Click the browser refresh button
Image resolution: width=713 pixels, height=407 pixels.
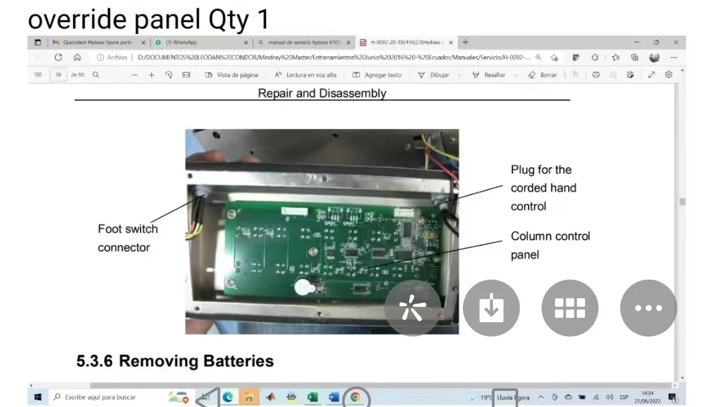click(x=58, y=58)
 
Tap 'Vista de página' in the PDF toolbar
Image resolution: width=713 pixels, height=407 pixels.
click(x=231, y=75)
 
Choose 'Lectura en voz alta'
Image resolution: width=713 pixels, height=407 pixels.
click(x=306, y=75)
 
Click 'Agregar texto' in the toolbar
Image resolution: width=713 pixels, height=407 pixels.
click(x=377, y=75)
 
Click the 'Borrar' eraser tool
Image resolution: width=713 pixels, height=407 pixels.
click(x=543, y=75)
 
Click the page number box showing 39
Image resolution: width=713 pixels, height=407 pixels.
click(x=58, y=75)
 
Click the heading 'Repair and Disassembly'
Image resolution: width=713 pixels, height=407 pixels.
click(x=322, y=93)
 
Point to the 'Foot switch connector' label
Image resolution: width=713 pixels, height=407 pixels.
click(x=127, y=238)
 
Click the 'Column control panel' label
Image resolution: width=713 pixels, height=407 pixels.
click(x=550, y=245)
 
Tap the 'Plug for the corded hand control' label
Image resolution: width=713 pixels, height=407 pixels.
click(x=543, y=187)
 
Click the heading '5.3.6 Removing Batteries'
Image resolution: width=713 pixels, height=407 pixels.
click(x=175, y=361)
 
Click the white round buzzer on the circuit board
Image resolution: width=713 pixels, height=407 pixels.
click(x=303, y=288)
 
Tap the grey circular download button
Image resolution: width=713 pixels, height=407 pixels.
click(x=491, y=308)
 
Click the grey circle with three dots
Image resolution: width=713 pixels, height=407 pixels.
click(x=648, y=308)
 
